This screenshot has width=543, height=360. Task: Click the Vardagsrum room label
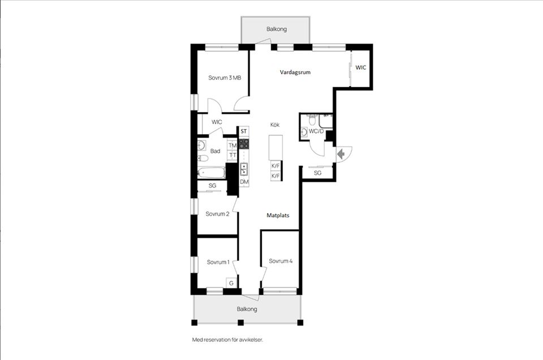tap(295, 72)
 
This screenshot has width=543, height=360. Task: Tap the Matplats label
tap(278, 215)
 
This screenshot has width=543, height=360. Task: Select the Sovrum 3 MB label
tap(225, 78)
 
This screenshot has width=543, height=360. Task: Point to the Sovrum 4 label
tap(281, 261)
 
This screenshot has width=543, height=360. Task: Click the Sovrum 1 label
tap(218, 262)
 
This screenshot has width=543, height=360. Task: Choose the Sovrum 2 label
tap(217, 214)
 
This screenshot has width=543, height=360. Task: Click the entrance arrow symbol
tap(341, 153)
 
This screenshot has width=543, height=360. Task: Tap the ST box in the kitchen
tap(244, 131)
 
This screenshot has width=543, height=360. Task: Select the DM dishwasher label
tap(244, 182)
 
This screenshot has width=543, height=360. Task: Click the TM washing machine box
tap(232, 145)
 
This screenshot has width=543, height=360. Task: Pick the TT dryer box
tap(232, 155)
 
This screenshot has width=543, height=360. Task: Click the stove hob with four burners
tap(244, 143)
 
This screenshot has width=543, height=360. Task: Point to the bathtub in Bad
tap(211, 172)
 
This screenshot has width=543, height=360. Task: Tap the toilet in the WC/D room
tap(312, 119)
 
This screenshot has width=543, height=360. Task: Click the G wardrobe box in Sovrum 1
tap(231, 283)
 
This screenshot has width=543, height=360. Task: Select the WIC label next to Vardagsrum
tap(360, 67)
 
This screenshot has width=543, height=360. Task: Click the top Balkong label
tap(277, 29)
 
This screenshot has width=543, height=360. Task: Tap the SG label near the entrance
tap(317, 173)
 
